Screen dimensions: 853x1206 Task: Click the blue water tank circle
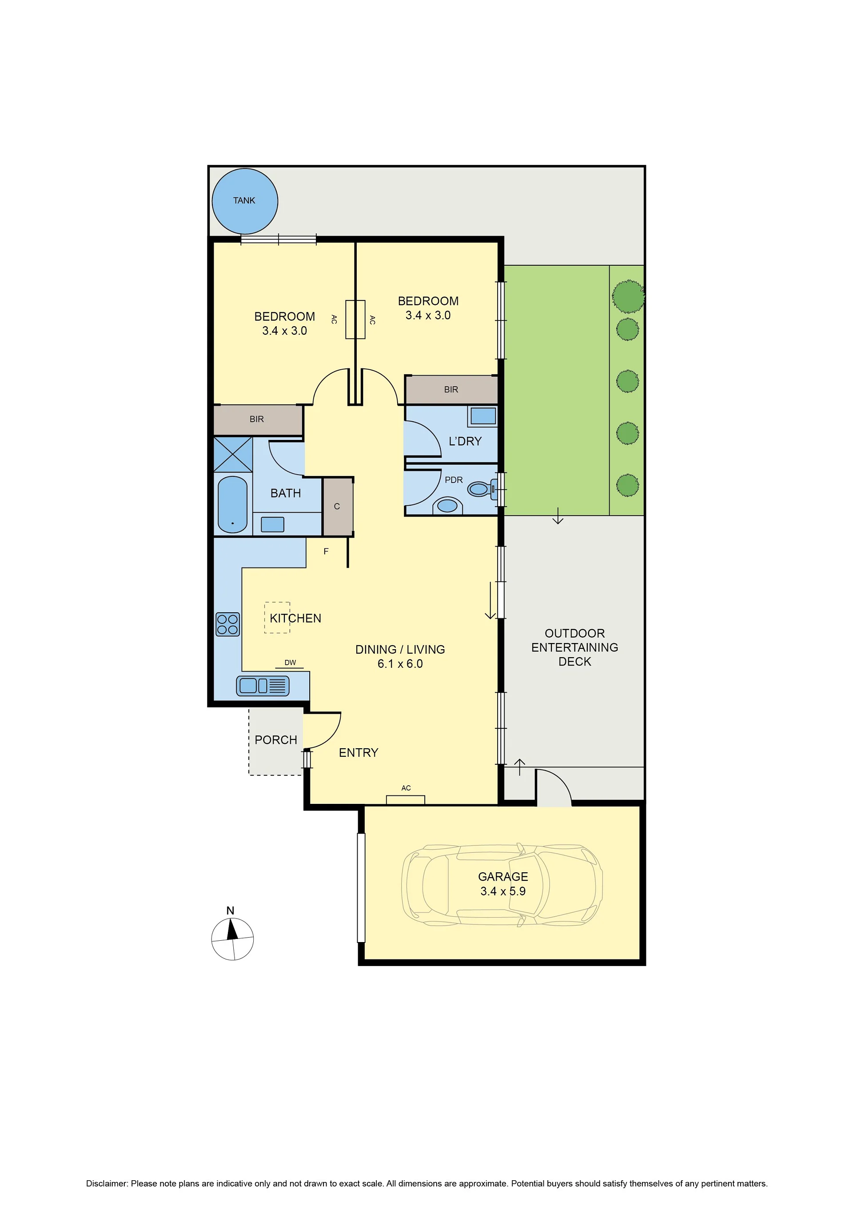point(245,201)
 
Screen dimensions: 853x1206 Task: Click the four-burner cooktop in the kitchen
point(227,624)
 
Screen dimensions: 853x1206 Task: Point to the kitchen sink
point(263,686)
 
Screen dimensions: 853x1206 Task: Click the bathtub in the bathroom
point(232,504)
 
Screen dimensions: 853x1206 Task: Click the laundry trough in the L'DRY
point(483,416)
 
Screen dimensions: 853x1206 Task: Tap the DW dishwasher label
point(290,663)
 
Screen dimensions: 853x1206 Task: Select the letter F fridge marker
point(326,551)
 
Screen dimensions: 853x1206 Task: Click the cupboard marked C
point(337,507)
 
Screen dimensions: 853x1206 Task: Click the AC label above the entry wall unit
point(406,788)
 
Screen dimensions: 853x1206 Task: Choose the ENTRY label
point(359,753)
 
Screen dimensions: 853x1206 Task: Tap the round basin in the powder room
point(447,505)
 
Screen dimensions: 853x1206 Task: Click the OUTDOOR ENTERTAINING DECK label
point(574,647)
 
